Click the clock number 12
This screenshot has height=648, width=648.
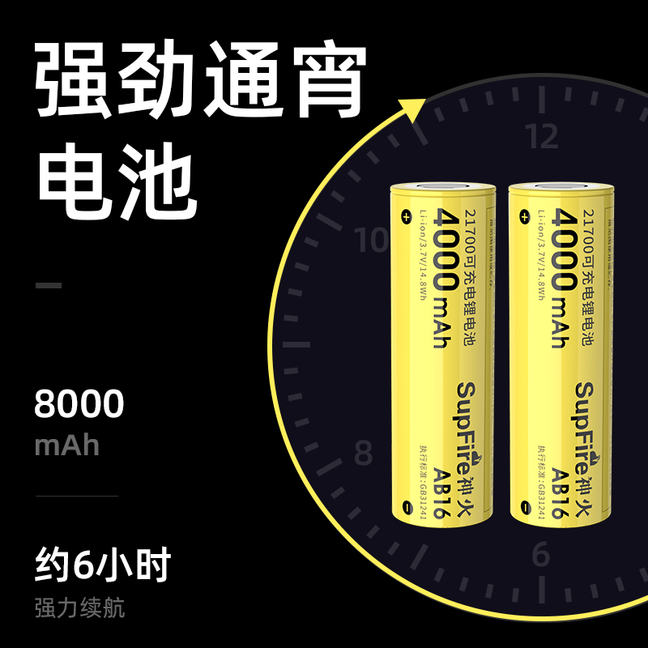(542, 138)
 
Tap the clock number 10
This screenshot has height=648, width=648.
(373, 240)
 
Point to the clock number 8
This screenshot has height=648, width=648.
(363, 451)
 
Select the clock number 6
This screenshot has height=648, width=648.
(541, 555)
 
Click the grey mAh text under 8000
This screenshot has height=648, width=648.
(66, 445)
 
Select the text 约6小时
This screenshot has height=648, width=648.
(103, 565)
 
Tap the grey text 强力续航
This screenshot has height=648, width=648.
(79, 607)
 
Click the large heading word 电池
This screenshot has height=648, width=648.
(117, 180)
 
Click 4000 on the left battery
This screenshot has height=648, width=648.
(448, 247)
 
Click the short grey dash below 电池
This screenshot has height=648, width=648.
(49, 285)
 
